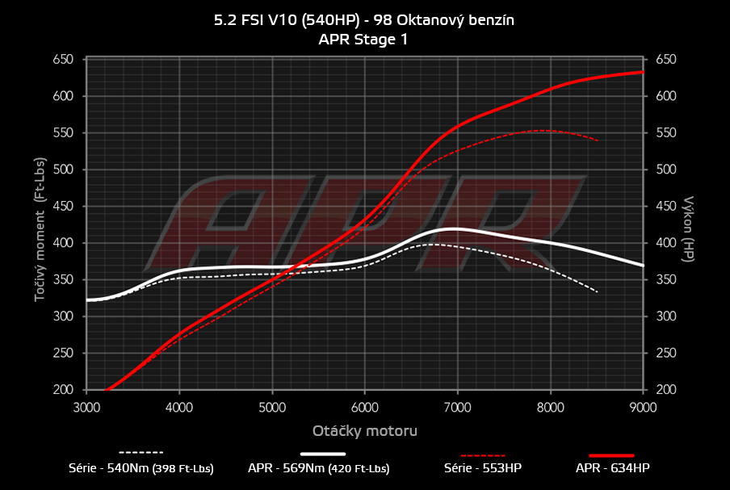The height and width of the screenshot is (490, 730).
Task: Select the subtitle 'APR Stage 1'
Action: pos(363,38)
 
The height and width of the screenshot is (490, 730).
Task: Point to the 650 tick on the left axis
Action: pos(64,60)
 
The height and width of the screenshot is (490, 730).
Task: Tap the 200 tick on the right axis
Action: pos(665,390)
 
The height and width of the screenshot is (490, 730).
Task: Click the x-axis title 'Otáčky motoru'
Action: pos(364,431)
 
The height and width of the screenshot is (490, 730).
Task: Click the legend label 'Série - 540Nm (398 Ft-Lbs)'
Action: pos(141,468)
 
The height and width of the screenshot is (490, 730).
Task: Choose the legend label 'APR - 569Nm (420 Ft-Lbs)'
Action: pos(319,468)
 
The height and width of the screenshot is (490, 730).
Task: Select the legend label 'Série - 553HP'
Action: pos(483,468)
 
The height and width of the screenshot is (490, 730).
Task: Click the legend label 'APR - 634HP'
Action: pos(612,468)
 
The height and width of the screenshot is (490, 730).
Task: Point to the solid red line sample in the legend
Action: pos(612,454)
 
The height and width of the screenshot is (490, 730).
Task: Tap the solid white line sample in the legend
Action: pos(323,454)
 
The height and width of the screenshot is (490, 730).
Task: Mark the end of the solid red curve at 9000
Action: pos(643,72)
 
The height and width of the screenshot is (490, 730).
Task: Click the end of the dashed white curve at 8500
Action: pos(597,291)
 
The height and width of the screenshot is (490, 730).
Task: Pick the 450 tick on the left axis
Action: pos(64,207)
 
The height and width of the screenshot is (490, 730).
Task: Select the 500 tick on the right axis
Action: pos(665,170)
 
